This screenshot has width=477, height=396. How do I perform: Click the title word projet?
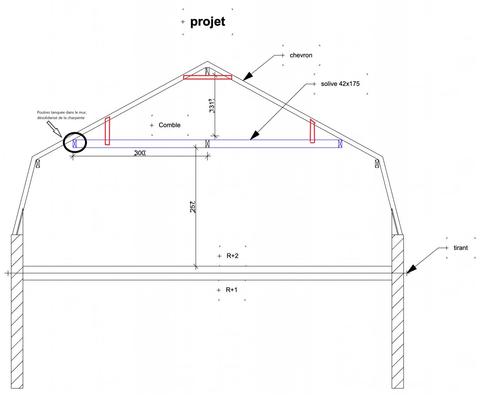(x=207, y=22)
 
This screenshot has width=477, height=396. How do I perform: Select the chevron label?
(x=301, y=55)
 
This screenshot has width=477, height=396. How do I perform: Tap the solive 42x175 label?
(x=340, y=84)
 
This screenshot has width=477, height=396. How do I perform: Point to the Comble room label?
(x=170, y=125)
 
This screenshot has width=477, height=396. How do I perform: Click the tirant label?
(x=460, y=248)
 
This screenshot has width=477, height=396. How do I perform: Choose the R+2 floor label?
(x=233, y=256)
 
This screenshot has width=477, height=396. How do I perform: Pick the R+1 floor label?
(x=232, y=290)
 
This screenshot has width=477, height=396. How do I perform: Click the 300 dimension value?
(x=139, y=153)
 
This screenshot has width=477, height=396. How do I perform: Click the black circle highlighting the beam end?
(x=75, y=142)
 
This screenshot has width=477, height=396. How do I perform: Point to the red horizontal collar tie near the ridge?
(x=207, y=77)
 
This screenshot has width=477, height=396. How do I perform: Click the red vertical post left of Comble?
(x=107, y=131)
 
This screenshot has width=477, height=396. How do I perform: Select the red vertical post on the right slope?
(x=312, y=131)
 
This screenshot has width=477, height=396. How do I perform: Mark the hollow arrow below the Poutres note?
(x=54, y=129)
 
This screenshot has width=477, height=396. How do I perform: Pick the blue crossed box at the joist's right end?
(x=340, y=144)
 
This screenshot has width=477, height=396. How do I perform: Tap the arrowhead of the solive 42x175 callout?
(x=253, y=136)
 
